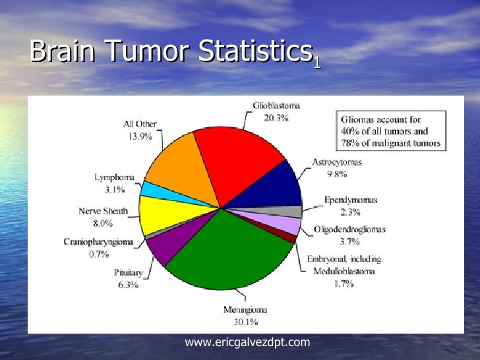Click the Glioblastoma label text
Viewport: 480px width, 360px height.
pos(276,105)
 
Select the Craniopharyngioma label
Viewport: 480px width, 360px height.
pos(98,242)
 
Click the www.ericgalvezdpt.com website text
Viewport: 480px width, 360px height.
pos(247,342)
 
